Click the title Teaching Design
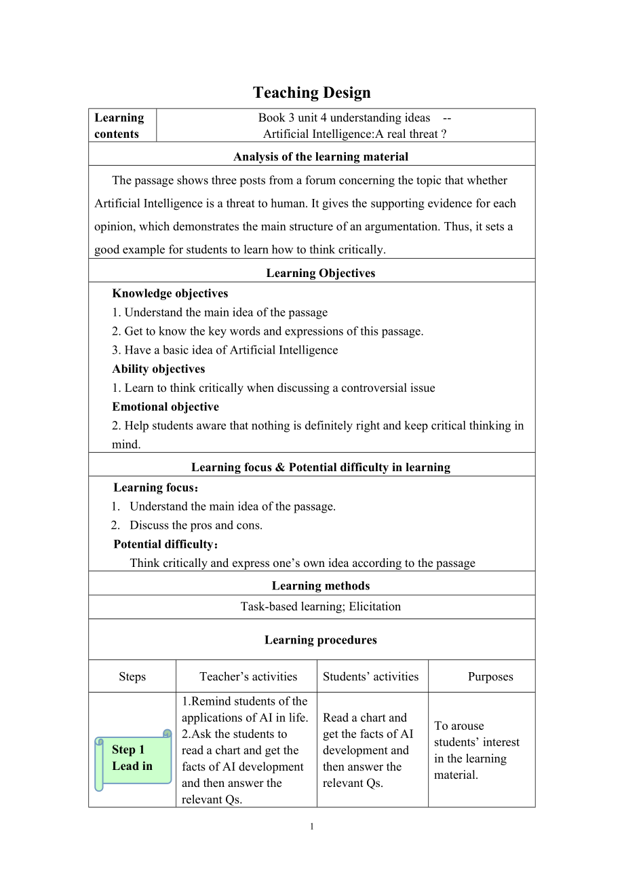point(312,92)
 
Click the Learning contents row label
point(119,126)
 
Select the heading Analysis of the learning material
point(321,157)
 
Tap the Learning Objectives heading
point(321,273)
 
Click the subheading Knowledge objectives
point(170,293)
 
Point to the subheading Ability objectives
point(159,369)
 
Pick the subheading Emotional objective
point(165,407)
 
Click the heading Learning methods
point(321,585)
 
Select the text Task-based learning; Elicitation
point(321,606)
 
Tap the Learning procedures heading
point(321,640)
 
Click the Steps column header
point(132,676)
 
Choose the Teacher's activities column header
point(248,676)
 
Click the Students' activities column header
point(371,676)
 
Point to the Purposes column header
point(490,676)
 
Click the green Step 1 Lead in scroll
point(133,758)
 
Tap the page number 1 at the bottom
point(312,826)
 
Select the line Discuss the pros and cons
point(196,525)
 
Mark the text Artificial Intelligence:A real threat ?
point(355,134)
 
